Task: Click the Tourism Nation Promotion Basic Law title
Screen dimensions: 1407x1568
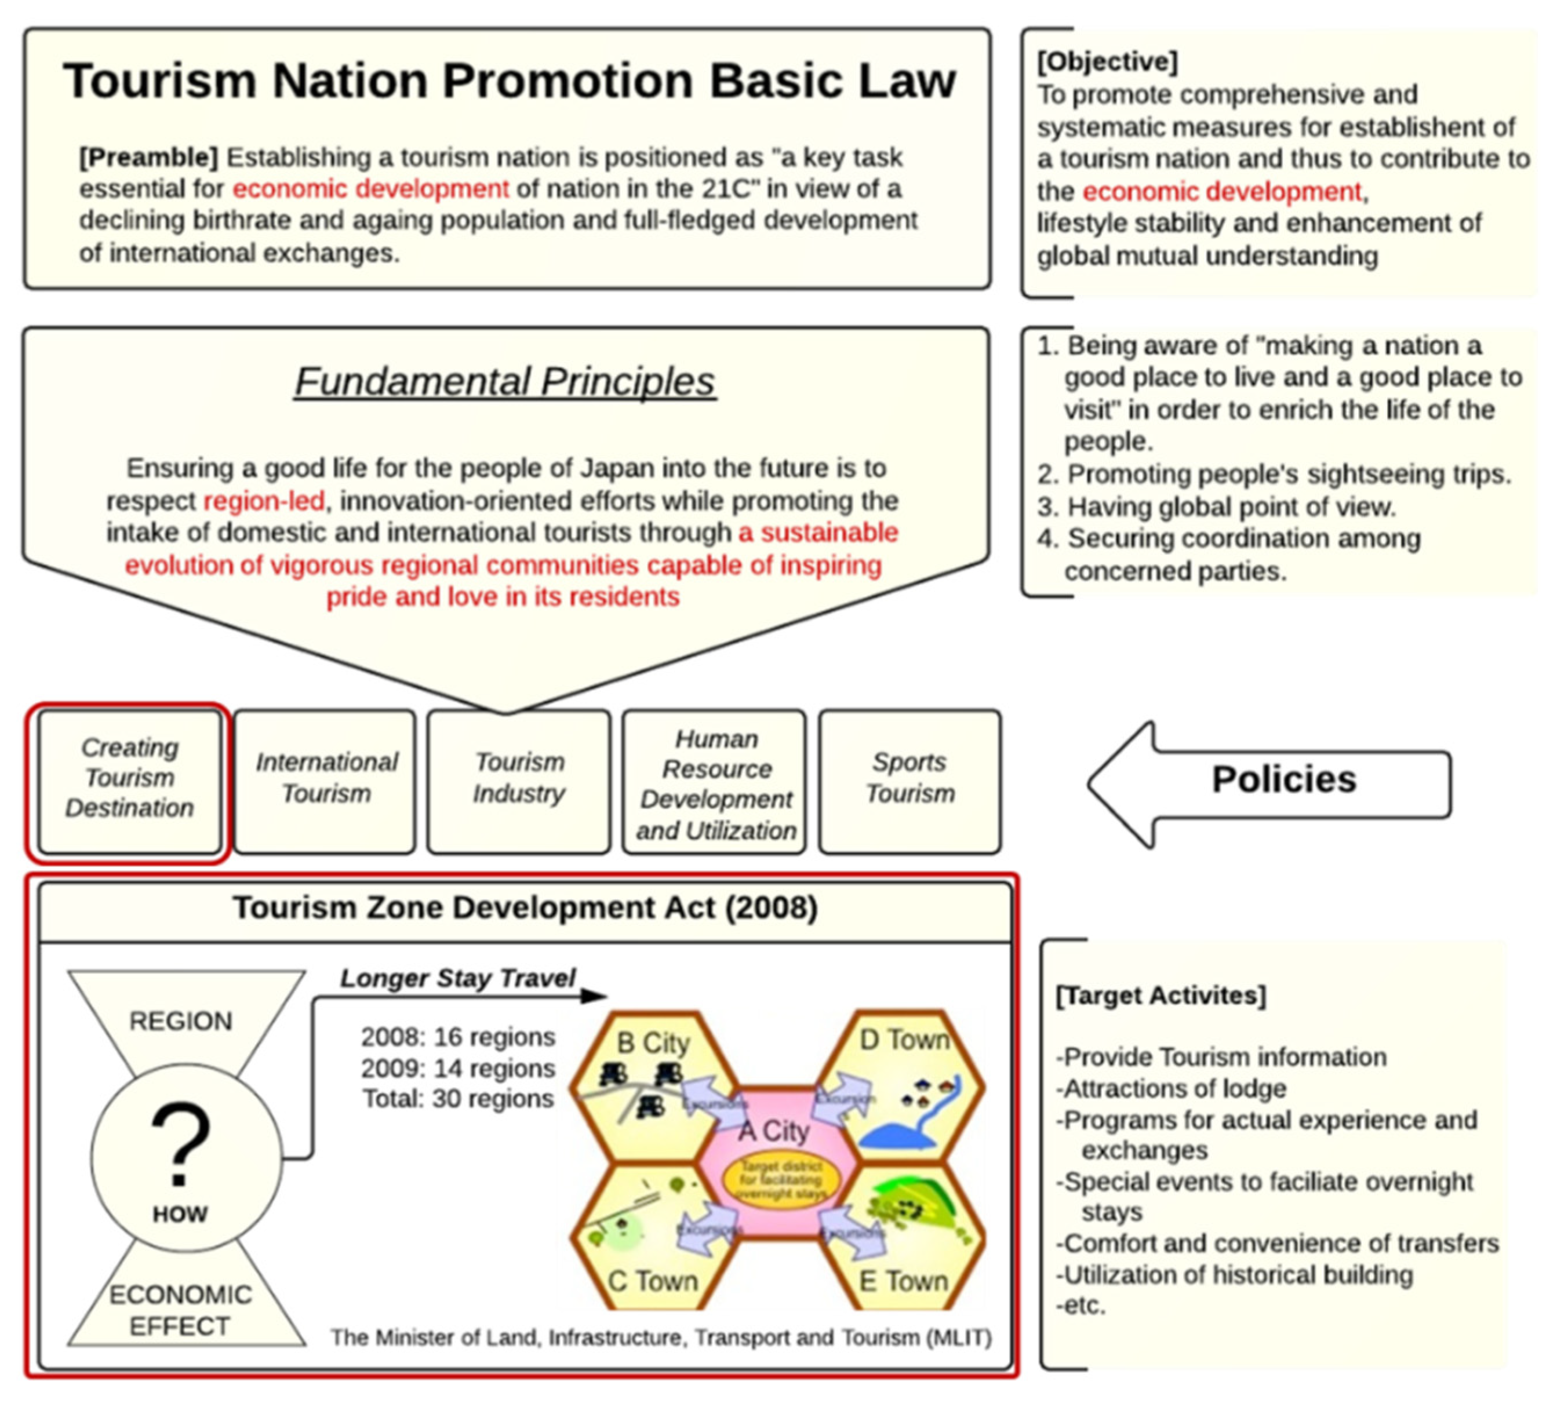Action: click(x=510, y=81)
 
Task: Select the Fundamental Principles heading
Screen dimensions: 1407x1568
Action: click(x=505, y=381)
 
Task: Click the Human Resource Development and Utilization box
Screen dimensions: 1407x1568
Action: click(x=715, y=784)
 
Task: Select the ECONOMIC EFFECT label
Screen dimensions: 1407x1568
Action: click(x=180, y=1310)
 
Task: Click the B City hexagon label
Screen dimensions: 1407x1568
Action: click(x=653, y=1043)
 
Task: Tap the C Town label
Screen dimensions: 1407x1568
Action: click(x=653, y=1281)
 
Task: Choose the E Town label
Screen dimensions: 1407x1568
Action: click(x=903, y=1281)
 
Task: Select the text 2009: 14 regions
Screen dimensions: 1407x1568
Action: click(x=458, y=1069)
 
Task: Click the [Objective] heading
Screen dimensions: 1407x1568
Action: click(x=1107, y=61)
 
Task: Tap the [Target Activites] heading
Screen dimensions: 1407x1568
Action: click(x=1160, y=995)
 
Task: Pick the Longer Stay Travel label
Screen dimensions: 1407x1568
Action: click(x=458, y=978)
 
